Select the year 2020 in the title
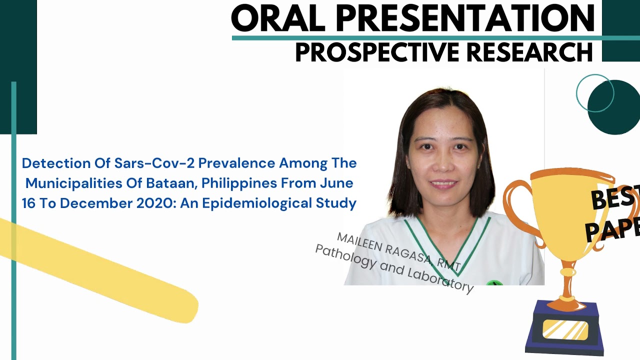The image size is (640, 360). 120,203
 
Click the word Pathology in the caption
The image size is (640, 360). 345,255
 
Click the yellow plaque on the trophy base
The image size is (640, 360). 565,330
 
